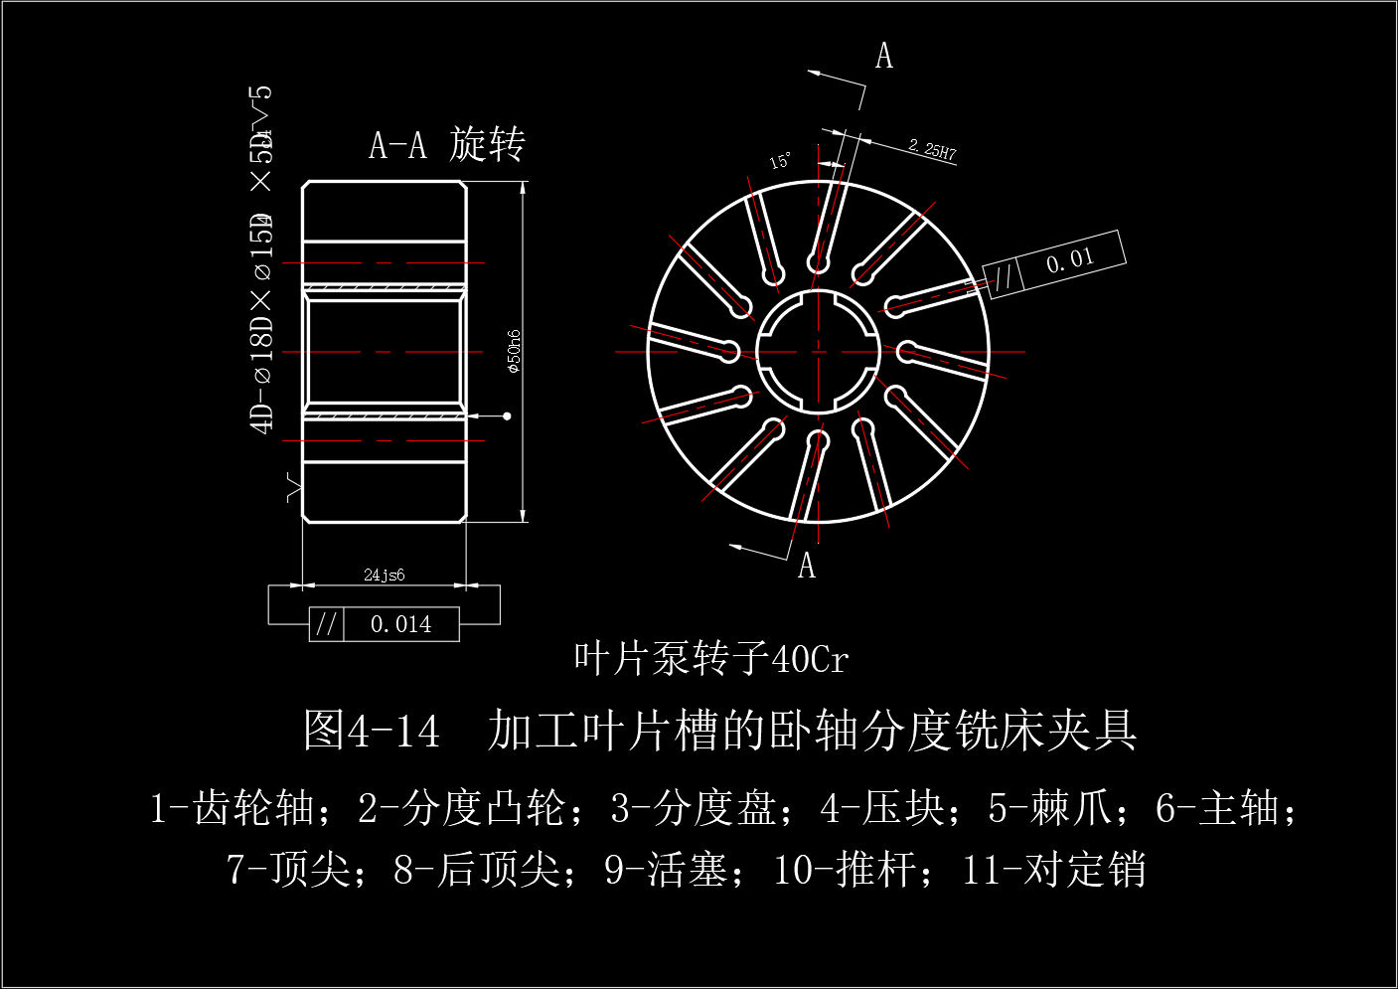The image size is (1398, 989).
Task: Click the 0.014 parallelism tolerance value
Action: point(400,624)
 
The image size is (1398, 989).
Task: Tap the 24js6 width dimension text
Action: point(384,575)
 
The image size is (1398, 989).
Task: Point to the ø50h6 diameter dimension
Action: point(514,351)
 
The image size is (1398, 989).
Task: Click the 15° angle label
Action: point(781,161)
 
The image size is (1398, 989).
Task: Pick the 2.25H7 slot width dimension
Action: point(932,150)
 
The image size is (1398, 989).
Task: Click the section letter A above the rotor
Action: point(883,57)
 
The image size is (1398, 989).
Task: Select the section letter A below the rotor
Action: point(807,567)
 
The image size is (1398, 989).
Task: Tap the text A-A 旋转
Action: point(446,145)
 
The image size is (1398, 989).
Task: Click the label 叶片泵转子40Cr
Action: point(710,658)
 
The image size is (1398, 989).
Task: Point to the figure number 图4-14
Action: point(371,731)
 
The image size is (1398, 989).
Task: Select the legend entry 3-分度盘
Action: point(693,808)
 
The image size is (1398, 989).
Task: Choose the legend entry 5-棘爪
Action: point(1049,808)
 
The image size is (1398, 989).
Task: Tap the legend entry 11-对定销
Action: point(1053,870)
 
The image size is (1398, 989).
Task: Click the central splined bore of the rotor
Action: point(819,351)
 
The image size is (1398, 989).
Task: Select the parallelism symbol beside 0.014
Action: point(326,624)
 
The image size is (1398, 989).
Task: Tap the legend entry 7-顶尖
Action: point(289,870)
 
